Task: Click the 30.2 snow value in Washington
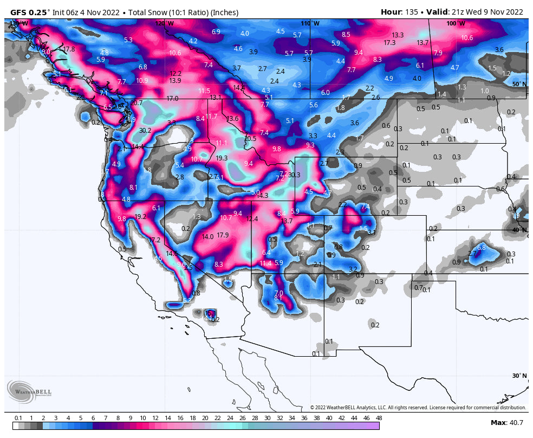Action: point(145,131)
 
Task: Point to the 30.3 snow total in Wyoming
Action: point(294,175)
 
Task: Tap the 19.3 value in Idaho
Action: point(222,158)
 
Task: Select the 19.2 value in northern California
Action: point(140,216)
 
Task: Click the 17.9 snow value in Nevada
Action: point(223,235)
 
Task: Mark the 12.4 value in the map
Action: point(252,219)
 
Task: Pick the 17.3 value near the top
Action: point(389,42)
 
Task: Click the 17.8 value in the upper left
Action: point(69,49)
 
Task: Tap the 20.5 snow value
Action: point(250,139)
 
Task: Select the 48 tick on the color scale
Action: point(379,418)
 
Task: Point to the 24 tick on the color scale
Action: point(230,418)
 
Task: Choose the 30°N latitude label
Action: point(519,376)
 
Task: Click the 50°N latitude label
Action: point(519,84)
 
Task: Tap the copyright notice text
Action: point(418,408)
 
